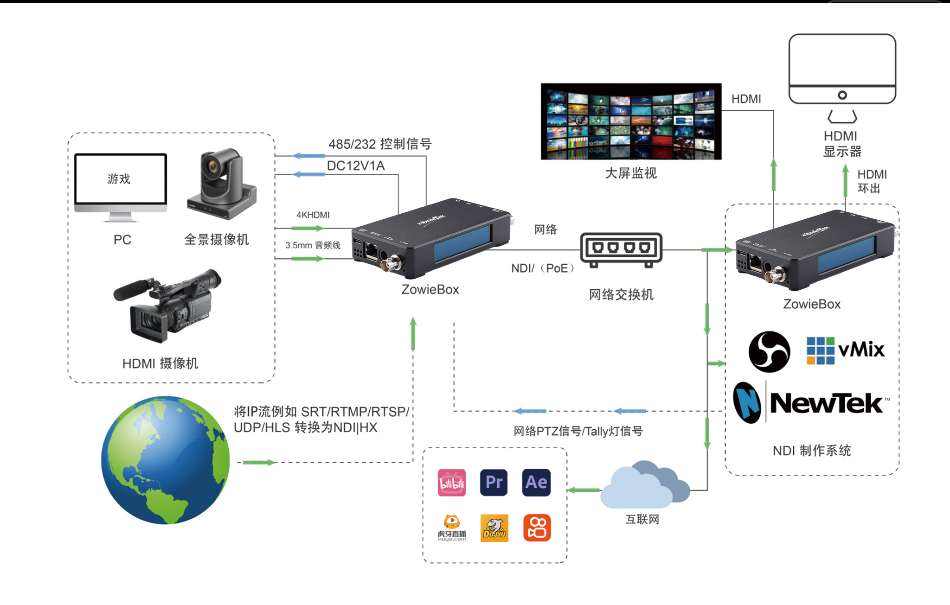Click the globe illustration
[166, 460]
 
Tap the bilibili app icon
[452, 483]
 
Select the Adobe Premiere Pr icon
[494, 483]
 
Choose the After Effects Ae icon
[536, 483]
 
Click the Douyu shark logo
[494, 528]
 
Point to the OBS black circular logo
[769, 352]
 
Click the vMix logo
[845, 350]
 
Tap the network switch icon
[621, 249]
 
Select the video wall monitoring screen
[631, 121]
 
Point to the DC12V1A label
[356, 166]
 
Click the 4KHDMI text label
[313, 215]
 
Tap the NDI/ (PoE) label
[542, 268]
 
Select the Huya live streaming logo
[452, 528]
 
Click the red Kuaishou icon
[537, 528]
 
